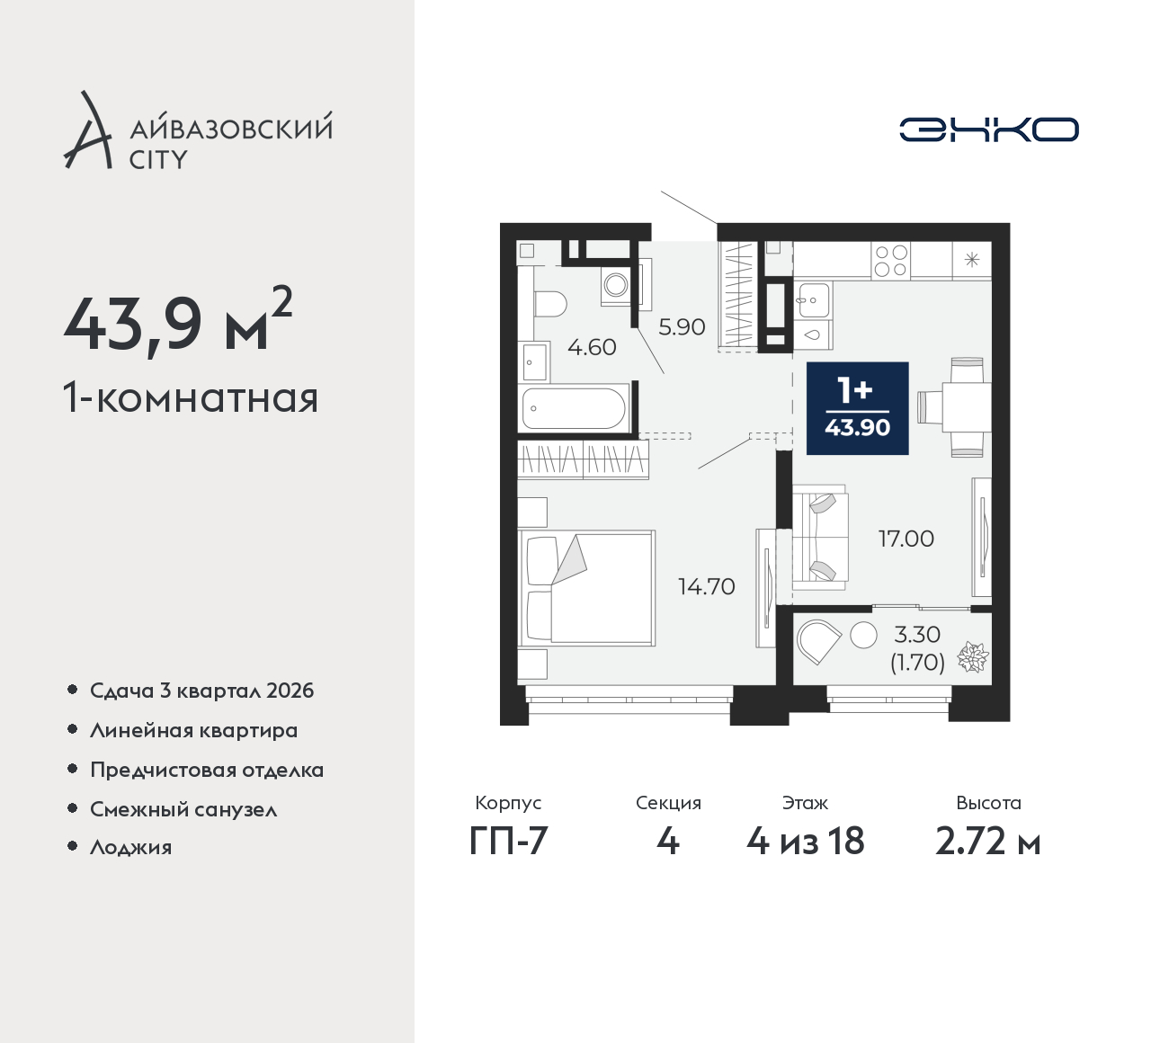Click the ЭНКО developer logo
pos(988,129)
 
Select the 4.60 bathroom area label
pos(592,347)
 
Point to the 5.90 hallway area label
pos(681,327)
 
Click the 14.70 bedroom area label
pos(706,586)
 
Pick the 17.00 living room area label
pos(906,539)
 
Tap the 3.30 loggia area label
pos(917,635)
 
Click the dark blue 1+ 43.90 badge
pos(857,408)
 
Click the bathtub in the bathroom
pos(573,408)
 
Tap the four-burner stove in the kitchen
pos(890,261)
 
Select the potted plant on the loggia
pos(973,657)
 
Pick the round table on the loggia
pos(863,635)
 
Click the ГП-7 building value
pos(508,842)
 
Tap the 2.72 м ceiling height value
pos(987,842)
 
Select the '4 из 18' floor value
pos(805,842)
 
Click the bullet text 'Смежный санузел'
pos(183,809)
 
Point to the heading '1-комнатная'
pos(190,397)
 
